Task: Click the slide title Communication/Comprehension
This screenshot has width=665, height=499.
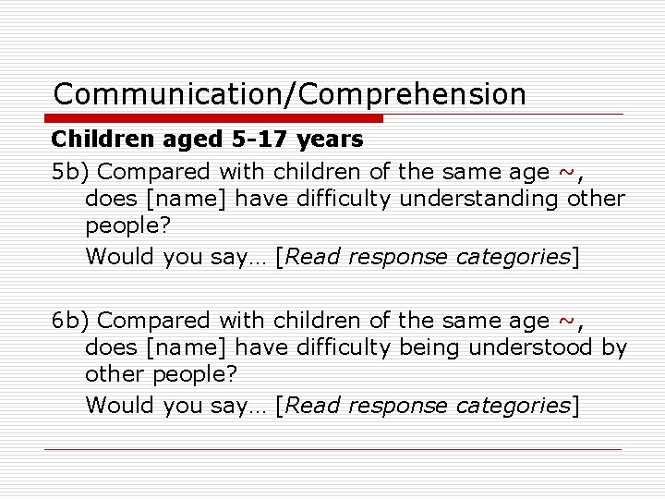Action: pos(289,94)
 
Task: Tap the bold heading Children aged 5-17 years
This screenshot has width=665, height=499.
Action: pos(207,140)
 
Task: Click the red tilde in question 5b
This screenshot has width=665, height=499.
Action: pos(567,172)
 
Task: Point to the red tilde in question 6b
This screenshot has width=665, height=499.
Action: pos(567,322)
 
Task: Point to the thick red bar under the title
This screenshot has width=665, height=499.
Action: pos(213,118)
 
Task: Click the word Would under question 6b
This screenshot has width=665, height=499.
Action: pos(119,405)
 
